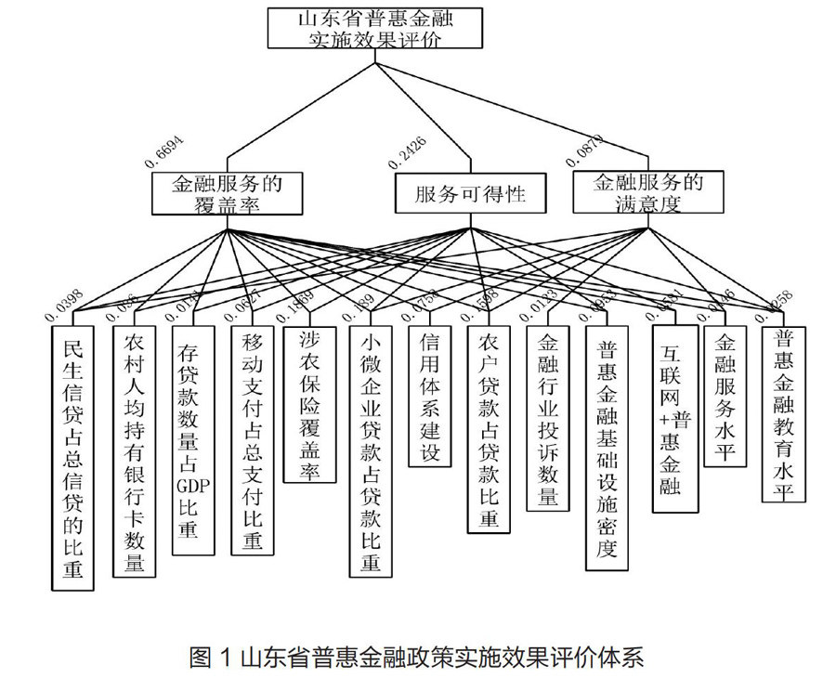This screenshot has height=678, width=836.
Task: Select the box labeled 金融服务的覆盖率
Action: click(x=227, y=194)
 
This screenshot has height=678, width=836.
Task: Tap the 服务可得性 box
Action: click(x=470, y=194)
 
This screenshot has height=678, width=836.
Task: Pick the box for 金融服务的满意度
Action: click(x=647, y=192)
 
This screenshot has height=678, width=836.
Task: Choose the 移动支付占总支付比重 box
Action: click(x=251, y=437)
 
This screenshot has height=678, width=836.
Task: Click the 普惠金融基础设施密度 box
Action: click(x=607, y=447)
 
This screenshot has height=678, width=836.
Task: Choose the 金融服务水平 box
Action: click(x=727, y=399)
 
